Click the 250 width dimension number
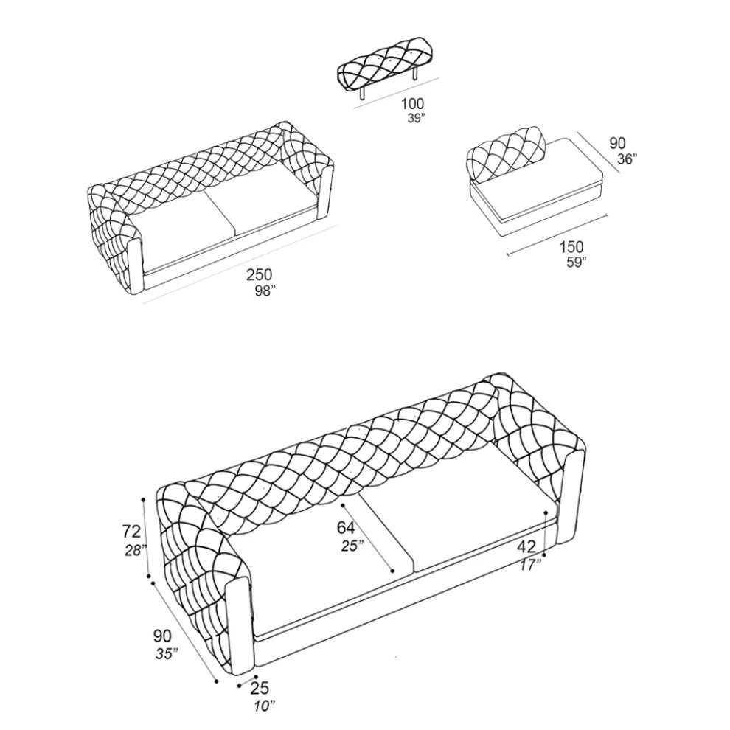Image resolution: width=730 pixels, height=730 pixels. (260, 275)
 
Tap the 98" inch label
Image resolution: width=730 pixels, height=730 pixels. (265, 291)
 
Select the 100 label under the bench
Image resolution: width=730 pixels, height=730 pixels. (412, 103)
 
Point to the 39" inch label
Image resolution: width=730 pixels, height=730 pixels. (416, 118)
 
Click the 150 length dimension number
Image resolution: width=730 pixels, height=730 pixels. (571, 247)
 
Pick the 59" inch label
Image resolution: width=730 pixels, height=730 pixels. (576, 262)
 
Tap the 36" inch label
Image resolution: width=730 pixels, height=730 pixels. (627, 159)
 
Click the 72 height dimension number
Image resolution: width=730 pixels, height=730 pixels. (131, 531)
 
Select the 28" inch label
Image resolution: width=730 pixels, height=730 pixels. (136, 550)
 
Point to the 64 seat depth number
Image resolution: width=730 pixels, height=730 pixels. (346, 527)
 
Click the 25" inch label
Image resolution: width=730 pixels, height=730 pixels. (352, 545)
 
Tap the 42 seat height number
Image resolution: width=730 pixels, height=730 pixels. (526, 546)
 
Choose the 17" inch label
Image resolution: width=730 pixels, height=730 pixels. (530, 565)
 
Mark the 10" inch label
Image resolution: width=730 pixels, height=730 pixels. (265, 706)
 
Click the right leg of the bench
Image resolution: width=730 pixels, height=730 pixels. (415, 74)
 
